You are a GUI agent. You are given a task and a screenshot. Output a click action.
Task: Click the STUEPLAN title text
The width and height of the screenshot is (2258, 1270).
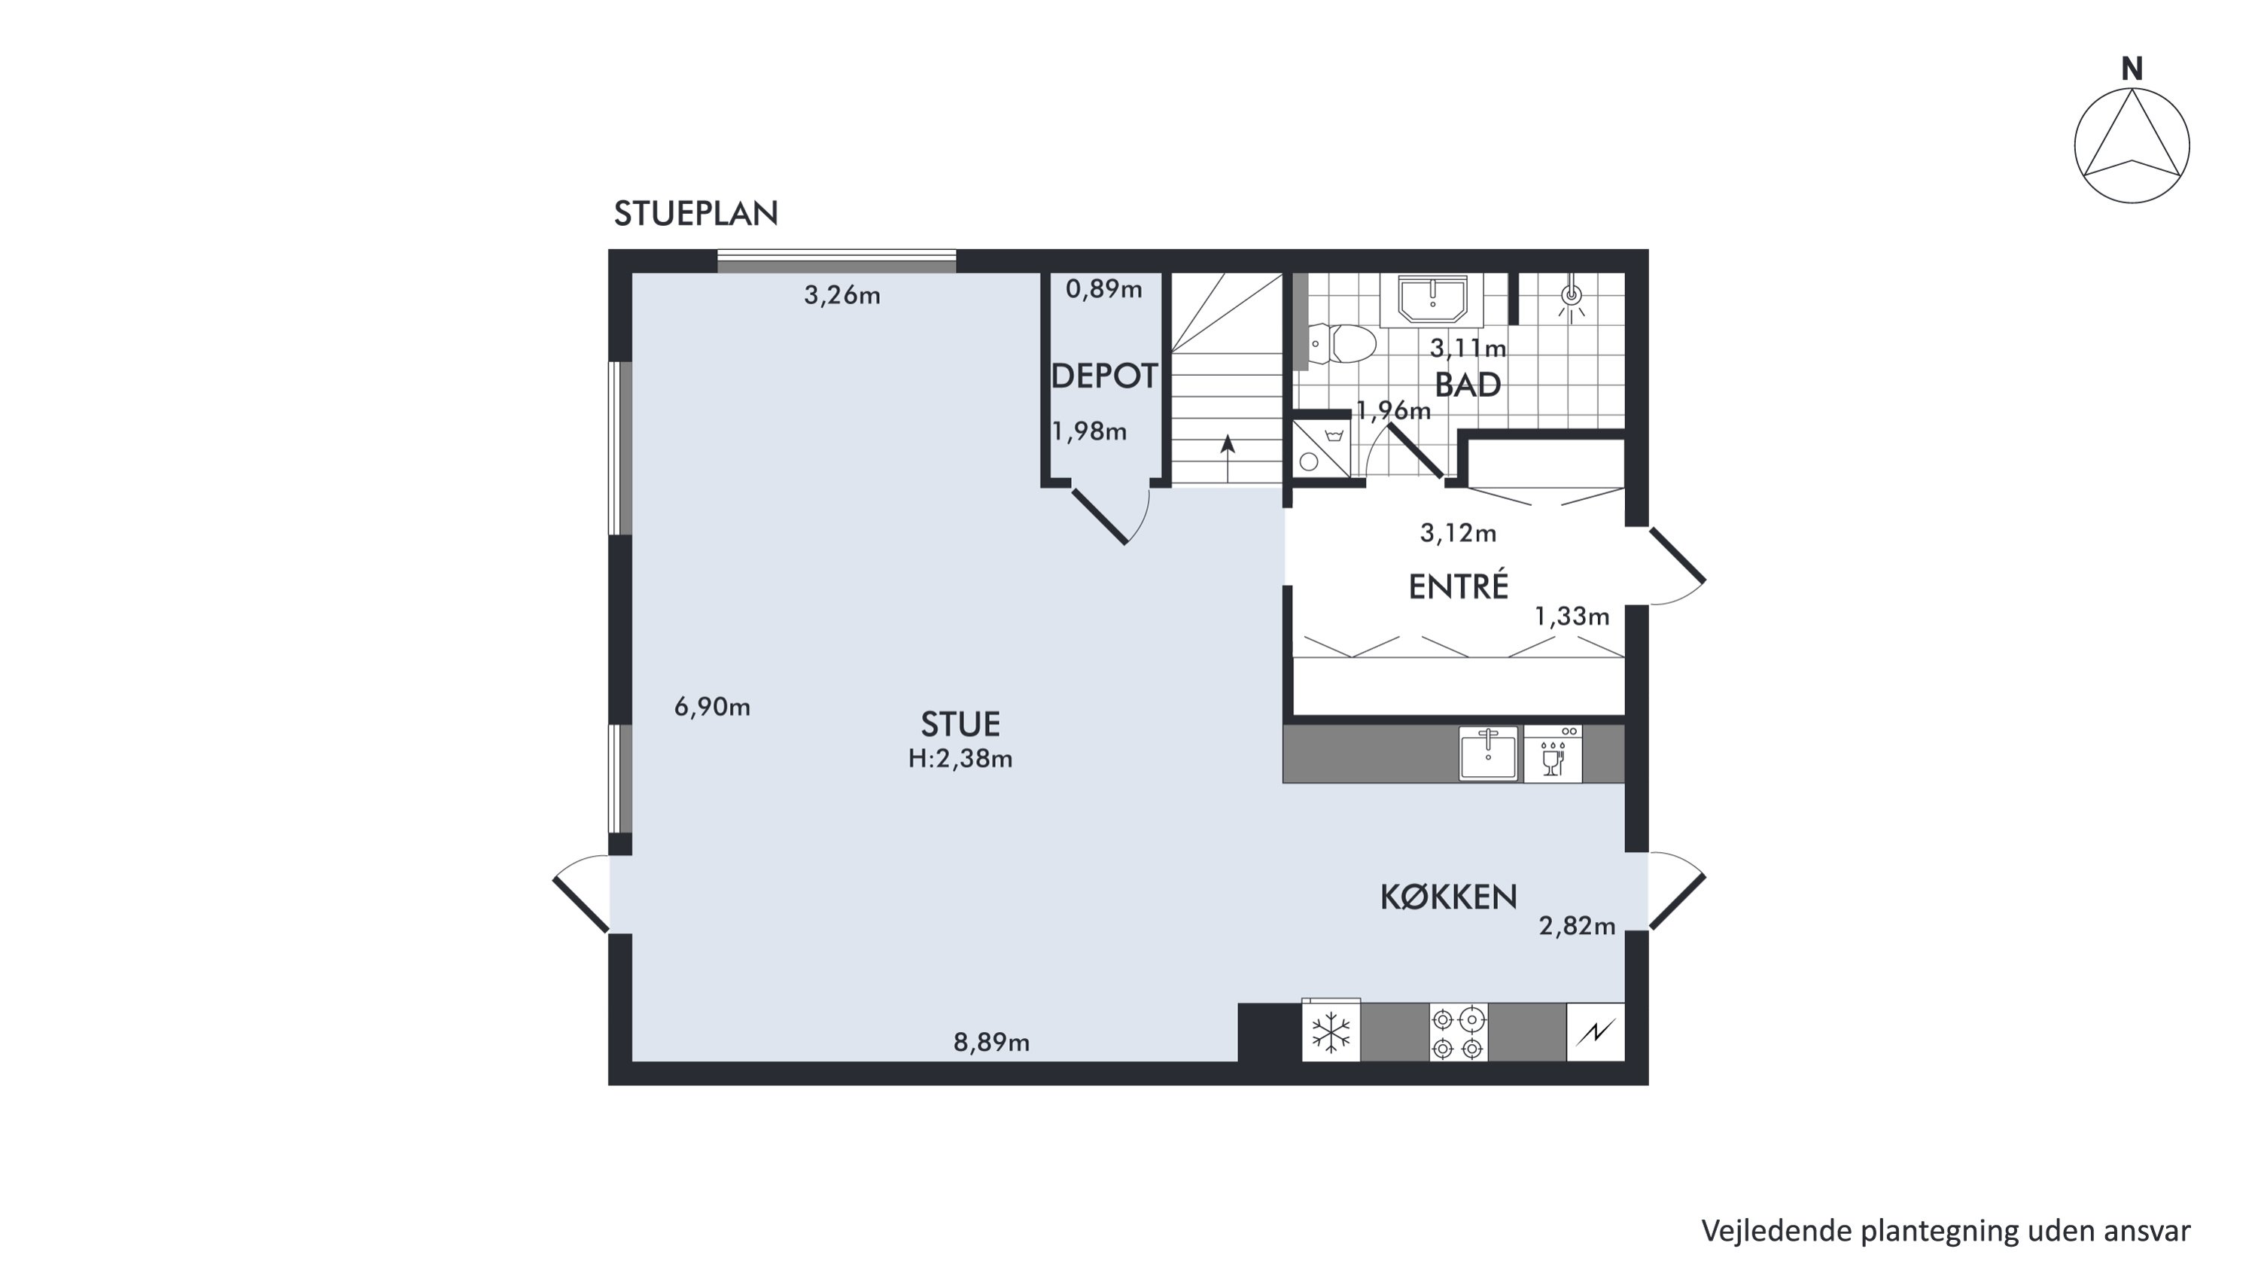pos(696,214)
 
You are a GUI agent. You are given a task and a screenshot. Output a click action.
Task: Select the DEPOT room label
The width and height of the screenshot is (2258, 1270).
pos(1103,376)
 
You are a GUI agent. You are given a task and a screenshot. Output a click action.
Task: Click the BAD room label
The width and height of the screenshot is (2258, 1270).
pos(1468,385)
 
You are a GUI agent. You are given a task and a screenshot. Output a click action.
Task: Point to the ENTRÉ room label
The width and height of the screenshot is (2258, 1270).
pos(1459,586)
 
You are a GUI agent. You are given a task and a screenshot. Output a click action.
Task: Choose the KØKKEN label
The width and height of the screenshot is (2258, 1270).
pos(1448,897)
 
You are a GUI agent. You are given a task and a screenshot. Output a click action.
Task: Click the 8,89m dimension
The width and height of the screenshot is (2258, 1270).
pos(991,1042)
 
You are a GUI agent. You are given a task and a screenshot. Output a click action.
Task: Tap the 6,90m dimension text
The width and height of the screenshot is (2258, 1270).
pos(712,706)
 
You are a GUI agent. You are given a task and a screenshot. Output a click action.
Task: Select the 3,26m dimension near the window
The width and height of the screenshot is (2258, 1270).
pos(841,295)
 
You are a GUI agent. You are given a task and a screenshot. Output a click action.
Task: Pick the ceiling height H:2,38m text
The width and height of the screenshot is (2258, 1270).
pos(960,758)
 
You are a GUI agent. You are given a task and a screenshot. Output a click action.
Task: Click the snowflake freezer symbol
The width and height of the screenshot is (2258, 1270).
pos(1331,1032)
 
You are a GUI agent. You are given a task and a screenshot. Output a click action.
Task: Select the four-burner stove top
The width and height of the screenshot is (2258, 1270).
pos(1459,1032)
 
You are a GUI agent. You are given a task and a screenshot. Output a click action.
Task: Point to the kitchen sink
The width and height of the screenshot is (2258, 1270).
pos(1487,753)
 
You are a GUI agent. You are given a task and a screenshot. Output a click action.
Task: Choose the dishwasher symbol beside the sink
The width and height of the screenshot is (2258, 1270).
pos(1552,754)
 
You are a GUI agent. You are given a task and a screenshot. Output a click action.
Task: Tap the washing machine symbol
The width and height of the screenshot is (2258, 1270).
pos(1321,449)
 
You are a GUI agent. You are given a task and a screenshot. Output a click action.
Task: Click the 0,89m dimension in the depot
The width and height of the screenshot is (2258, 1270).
pos(1103,288)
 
